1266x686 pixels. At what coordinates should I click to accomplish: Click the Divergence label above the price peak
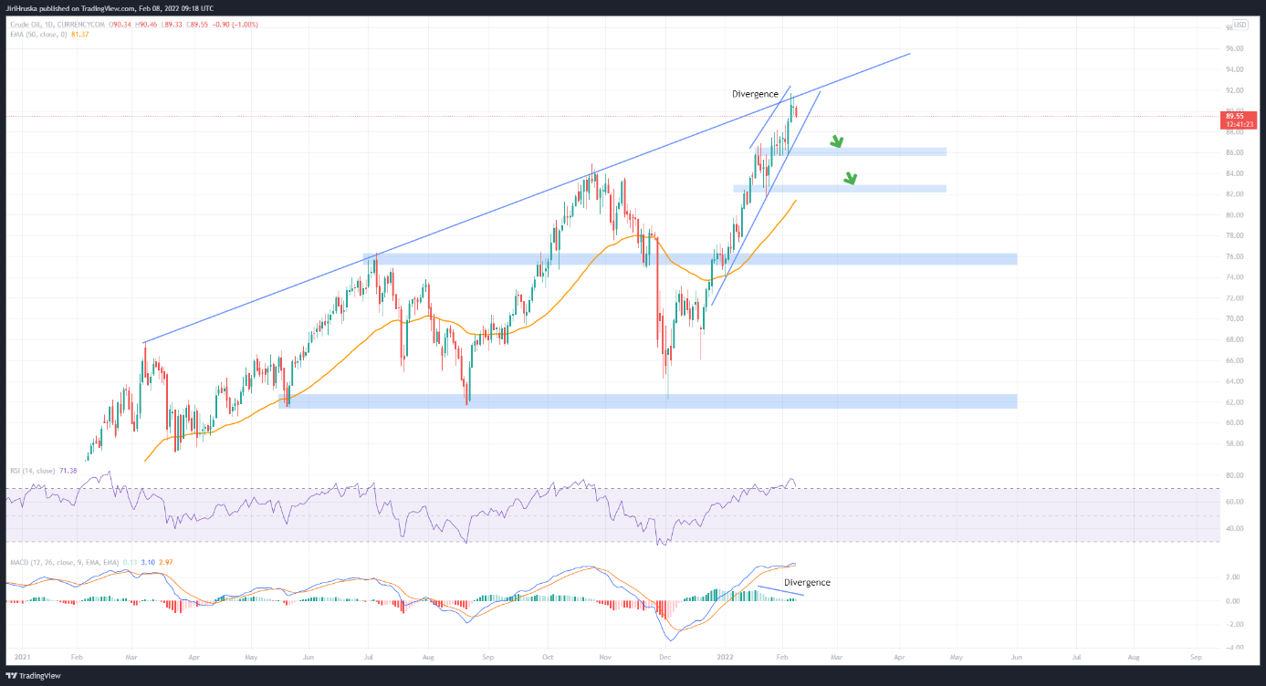pyautogui.click(x=754, y=94)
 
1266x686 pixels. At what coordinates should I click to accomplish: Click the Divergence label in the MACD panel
pyautogui.click(x=808, y=582)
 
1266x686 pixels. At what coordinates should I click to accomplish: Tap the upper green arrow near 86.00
pyautogui.click(x=836, y=141)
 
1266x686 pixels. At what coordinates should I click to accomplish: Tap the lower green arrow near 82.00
pyautogui.click(x=851, y=179)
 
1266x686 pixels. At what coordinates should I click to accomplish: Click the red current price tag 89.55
pyautogui.click(x=1237, y=117)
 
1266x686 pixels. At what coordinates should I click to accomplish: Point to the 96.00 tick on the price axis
pyautogui.click(x=1235, y=48)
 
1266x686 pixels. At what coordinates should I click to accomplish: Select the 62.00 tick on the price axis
pyautogui.click(x=1235, y=402)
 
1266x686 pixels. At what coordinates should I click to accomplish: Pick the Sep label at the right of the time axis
pyautogui.click(x=1195, y=656)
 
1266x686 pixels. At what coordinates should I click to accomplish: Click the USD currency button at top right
pyautogui.click(x=1240, y=25)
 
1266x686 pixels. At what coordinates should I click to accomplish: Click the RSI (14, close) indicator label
pyautogui.click(x=34, y=471)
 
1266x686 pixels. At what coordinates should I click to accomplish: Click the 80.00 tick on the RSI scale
pyautogui.click(x=1233, y=476)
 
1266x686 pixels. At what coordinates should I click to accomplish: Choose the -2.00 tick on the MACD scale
pyautogui.click(x=1233, y=625)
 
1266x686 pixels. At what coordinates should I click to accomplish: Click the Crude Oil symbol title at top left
pyautogui.click(x=29, y=25)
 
